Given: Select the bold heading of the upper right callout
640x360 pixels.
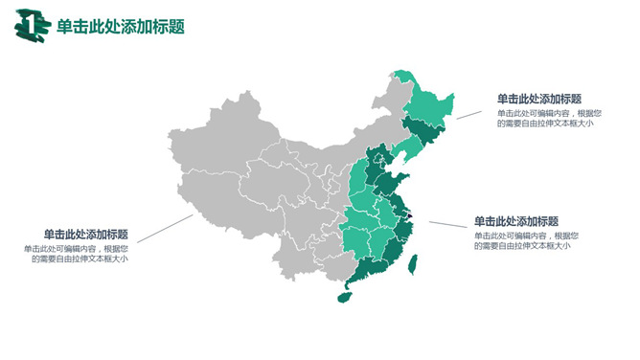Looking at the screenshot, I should click(538, 99).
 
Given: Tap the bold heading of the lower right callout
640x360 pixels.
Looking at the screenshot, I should click(515, 220).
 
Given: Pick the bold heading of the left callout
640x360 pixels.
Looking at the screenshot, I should click(86, 234).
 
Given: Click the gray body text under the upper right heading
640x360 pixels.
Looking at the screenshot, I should click(544, 117).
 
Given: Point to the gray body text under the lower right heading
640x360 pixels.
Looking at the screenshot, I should click(523, 240).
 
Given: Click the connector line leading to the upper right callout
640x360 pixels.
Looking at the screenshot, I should click(469, 113).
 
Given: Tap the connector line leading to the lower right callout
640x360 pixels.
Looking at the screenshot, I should click(446, 226).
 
